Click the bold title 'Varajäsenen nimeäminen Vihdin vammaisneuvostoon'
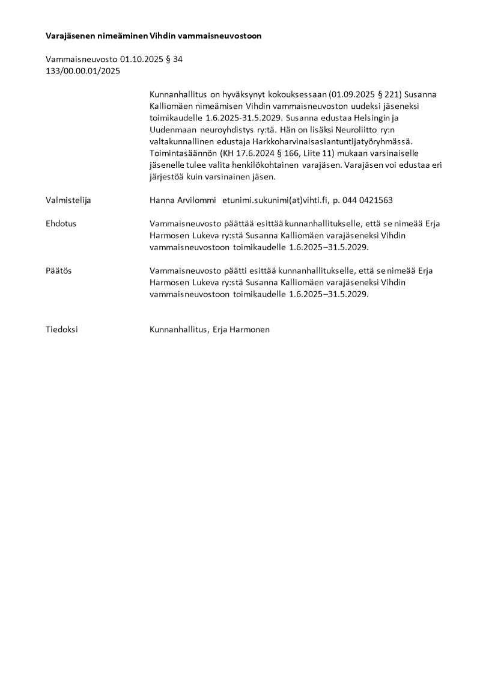[x=153, y=36]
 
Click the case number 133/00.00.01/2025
[x=83, y=71]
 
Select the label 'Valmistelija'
[x=68, y=200]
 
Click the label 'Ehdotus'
[x=61, y=223]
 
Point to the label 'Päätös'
[x=59, y=271]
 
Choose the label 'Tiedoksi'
[x=62, y=330]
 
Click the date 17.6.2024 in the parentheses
[x=254, y=153]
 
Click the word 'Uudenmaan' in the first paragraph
[x=172, y=129]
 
